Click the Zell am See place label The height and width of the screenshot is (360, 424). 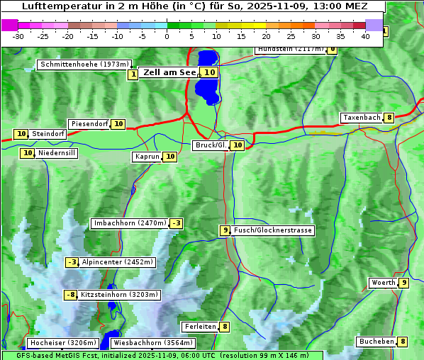(x=169, y=72)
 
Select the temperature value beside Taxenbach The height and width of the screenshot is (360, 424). (x=389, y=118)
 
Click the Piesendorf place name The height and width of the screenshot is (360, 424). (x=89, y=124)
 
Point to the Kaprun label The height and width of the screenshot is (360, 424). (x=147, y=157)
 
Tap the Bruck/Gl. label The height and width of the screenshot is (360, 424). (x=211, y=145)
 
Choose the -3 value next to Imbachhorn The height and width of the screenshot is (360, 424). (x=177, y=223)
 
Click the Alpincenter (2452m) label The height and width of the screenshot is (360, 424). (x=118, y=262)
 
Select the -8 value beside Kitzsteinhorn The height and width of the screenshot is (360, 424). (x=70, y=295)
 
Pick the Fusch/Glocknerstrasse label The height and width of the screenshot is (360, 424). (x=273, y=230)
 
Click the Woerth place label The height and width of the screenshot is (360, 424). (x=384, y=283)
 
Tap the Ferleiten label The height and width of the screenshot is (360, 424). (x=200, y=327)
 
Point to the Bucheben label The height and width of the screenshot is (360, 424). (x=376, y=342)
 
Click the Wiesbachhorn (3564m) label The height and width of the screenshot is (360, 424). (x=144, y=343)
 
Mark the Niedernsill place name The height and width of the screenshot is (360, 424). (x=57, y=152)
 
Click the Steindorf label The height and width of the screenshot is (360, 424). (x=49, y=134)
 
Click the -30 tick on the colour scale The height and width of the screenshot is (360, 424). (x=18, y=35)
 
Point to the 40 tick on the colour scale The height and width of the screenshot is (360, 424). (x=365, y=35)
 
